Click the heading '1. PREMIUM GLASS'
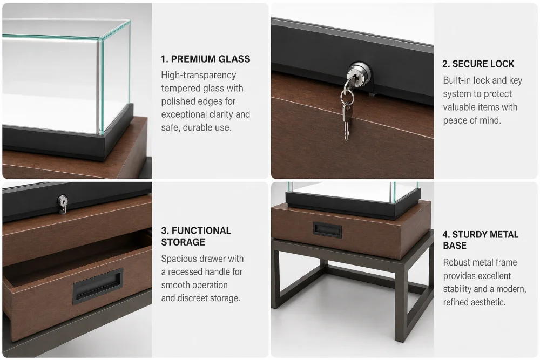pyautogui.click(x=206, y=59)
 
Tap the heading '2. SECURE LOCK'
pyautogui.click(x=478, y=64)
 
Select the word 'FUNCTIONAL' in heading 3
pyautogui.click(x=201, y=230)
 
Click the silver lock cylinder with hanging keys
pyautogui.click(x=359, y=73)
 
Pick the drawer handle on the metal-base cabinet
pyautogui.click(x=327, y=230)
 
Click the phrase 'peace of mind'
pyautogui.click(x=472, y=120)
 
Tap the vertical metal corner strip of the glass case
pyautogui.click(x=100, y=86)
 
